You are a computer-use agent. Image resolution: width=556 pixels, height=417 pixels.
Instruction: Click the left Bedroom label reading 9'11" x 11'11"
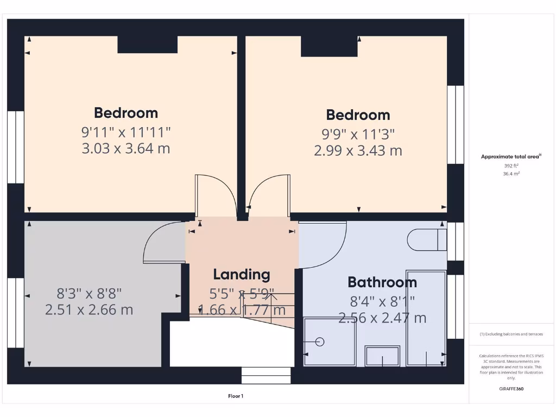click(126, 131)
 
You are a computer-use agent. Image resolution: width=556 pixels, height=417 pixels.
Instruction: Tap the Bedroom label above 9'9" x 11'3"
click(358, 115)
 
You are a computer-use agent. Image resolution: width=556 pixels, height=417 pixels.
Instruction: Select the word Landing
click(242, 275)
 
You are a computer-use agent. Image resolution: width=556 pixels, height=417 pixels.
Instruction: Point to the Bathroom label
click(382, 282)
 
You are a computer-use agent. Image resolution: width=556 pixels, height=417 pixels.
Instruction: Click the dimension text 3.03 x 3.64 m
click(126, 148)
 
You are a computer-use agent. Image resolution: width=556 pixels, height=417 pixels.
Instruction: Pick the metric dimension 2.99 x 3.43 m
click(358, 150)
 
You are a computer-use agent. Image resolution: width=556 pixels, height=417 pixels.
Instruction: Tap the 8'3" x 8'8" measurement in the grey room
click(89, 293)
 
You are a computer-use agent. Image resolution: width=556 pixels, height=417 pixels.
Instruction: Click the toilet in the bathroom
click(426, 239)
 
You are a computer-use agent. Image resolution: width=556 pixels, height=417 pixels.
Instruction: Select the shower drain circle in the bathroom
click(320, 342)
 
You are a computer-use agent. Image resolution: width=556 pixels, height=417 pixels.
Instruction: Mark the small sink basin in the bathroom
click(383, 356)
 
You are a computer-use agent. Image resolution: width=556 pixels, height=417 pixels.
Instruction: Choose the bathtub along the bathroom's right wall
click(426, 318)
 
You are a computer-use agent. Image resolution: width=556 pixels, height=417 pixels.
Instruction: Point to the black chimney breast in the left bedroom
click(148, 45)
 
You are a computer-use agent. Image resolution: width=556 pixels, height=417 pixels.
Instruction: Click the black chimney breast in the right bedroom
click(329, 47)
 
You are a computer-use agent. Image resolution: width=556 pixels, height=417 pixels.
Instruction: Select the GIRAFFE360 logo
click(511, 389)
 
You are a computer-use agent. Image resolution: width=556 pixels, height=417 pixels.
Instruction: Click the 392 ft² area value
click(511, 166)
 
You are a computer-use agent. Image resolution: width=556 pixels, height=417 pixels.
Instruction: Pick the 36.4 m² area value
click(511, 174)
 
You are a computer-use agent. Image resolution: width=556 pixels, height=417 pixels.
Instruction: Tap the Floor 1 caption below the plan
click(236, 396)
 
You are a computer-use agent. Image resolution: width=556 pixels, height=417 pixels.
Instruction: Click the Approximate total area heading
click(511, 156)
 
